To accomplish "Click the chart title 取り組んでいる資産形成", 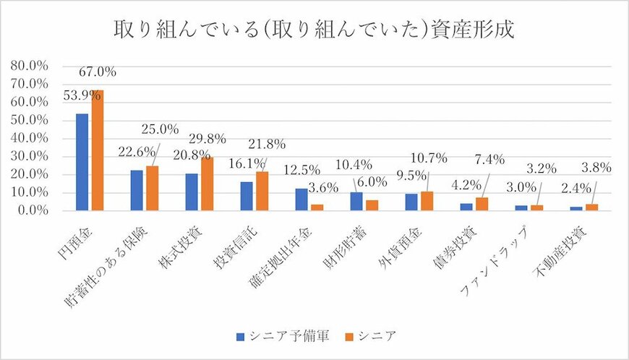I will point(314,30).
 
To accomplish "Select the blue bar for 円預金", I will point(82,162).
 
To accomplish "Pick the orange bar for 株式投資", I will point(207,184).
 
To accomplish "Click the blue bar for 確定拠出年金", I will point(301,200).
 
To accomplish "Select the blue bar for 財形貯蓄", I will point(356,201).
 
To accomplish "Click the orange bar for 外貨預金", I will point(427,201).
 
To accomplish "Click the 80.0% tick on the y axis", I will point(29,66).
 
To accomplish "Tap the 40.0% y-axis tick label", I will point(29,138).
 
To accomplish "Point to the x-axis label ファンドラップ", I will point(506,257).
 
